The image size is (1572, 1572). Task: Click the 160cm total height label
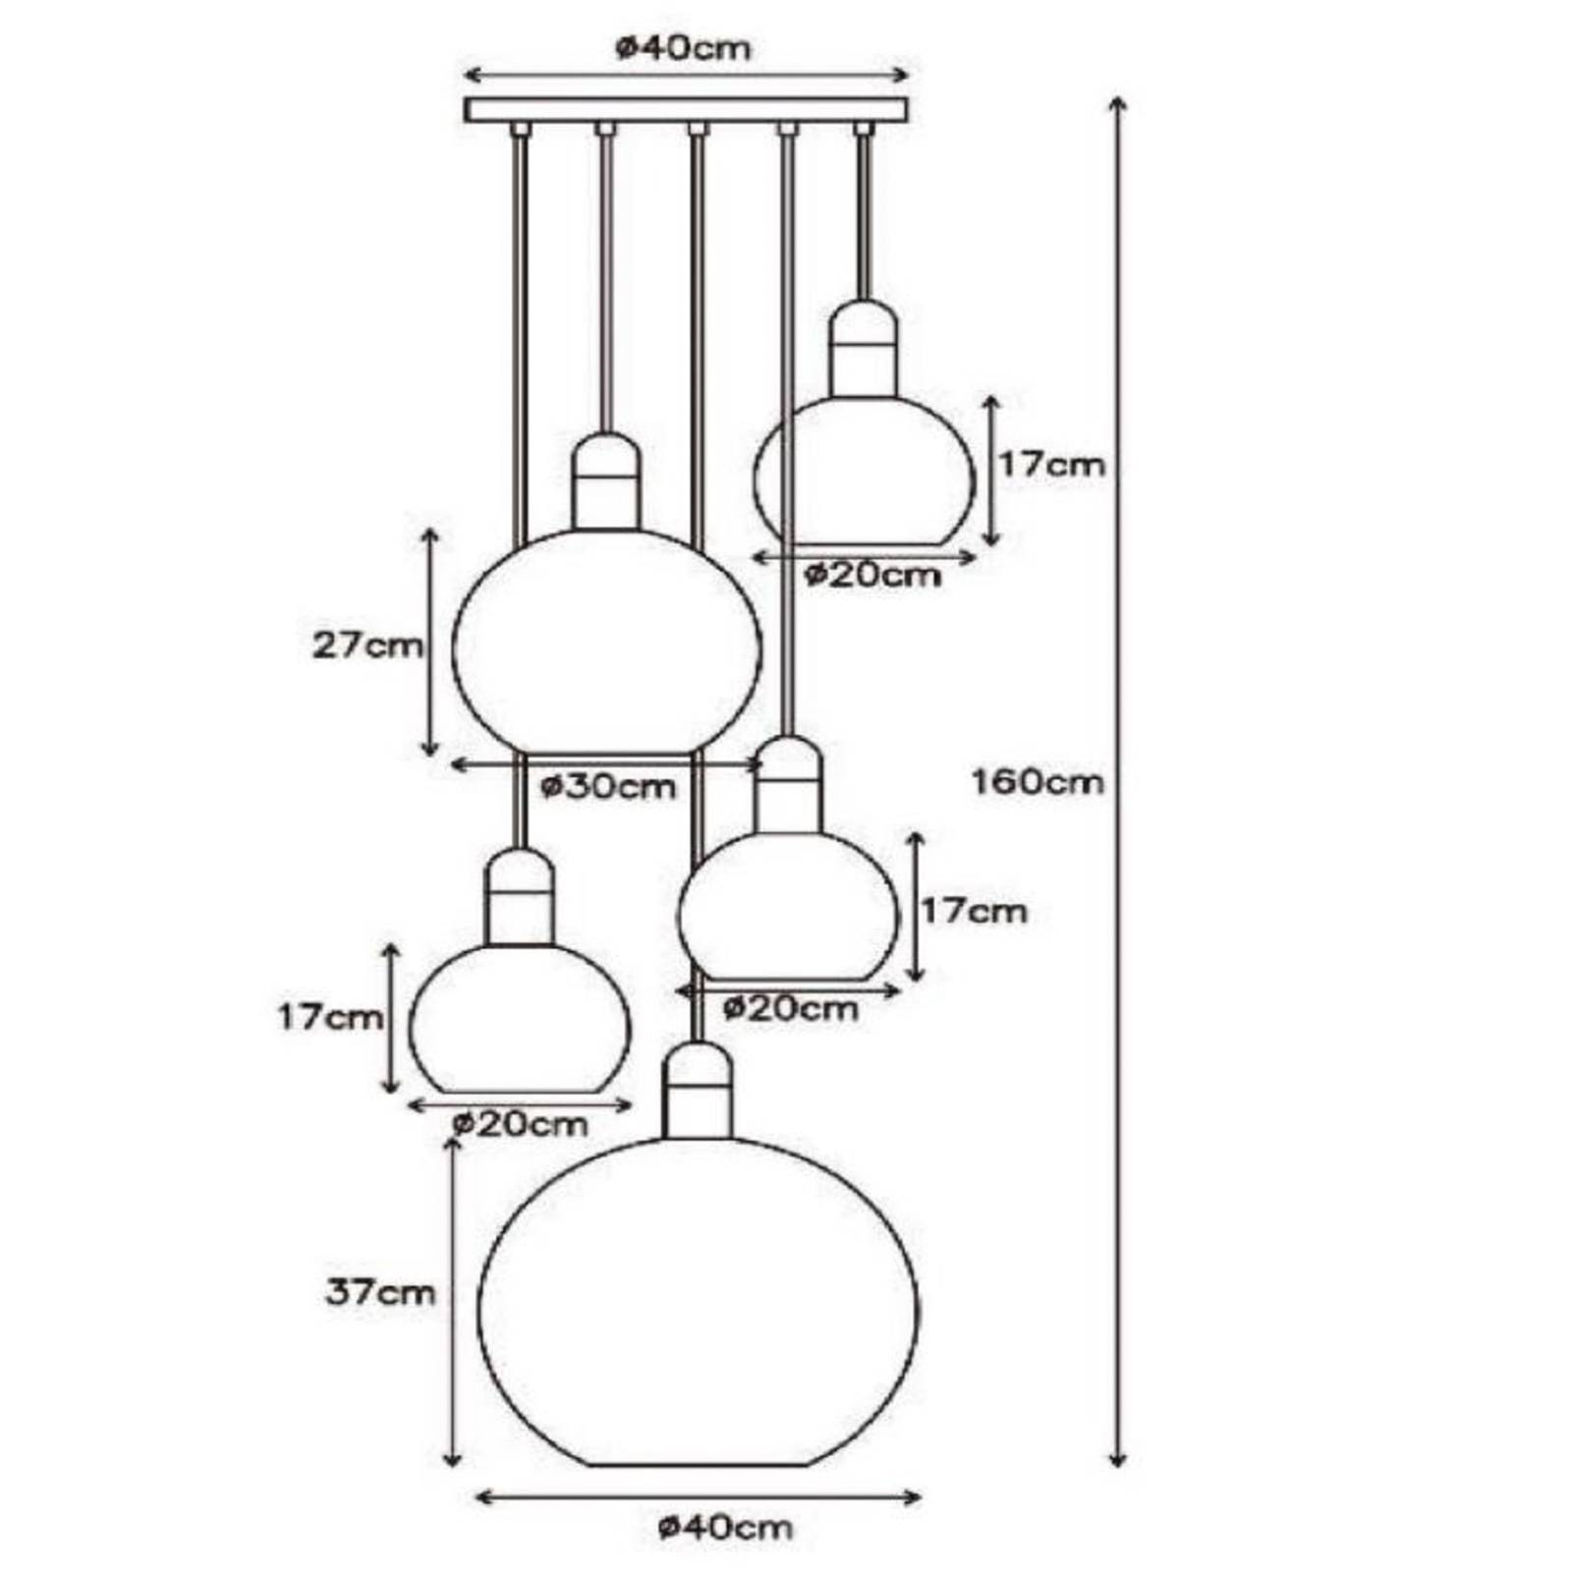click(1037, 782)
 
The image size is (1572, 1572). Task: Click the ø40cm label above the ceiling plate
click(684, 48)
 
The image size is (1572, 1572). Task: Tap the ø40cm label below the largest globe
click(725, 1528)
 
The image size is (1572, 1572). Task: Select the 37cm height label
click(379, 1293)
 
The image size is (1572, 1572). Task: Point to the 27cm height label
click(367, 646)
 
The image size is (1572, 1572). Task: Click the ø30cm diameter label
click(609, 786)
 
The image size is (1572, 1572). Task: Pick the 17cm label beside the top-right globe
click(1051, 464)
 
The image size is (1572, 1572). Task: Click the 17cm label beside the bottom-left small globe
click(329, 1017)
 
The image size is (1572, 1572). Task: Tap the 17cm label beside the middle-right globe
click(974, 911)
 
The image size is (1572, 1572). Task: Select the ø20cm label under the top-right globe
click(872, 575)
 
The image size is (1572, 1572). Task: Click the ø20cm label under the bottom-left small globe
click(520, 1123)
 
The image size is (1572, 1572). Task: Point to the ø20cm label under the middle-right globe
click(791, 1008)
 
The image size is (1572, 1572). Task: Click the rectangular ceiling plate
click(686, 109)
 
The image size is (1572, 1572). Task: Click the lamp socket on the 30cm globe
click(606, 481)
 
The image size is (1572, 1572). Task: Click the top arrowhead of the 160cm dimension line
click(1116, 103)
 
